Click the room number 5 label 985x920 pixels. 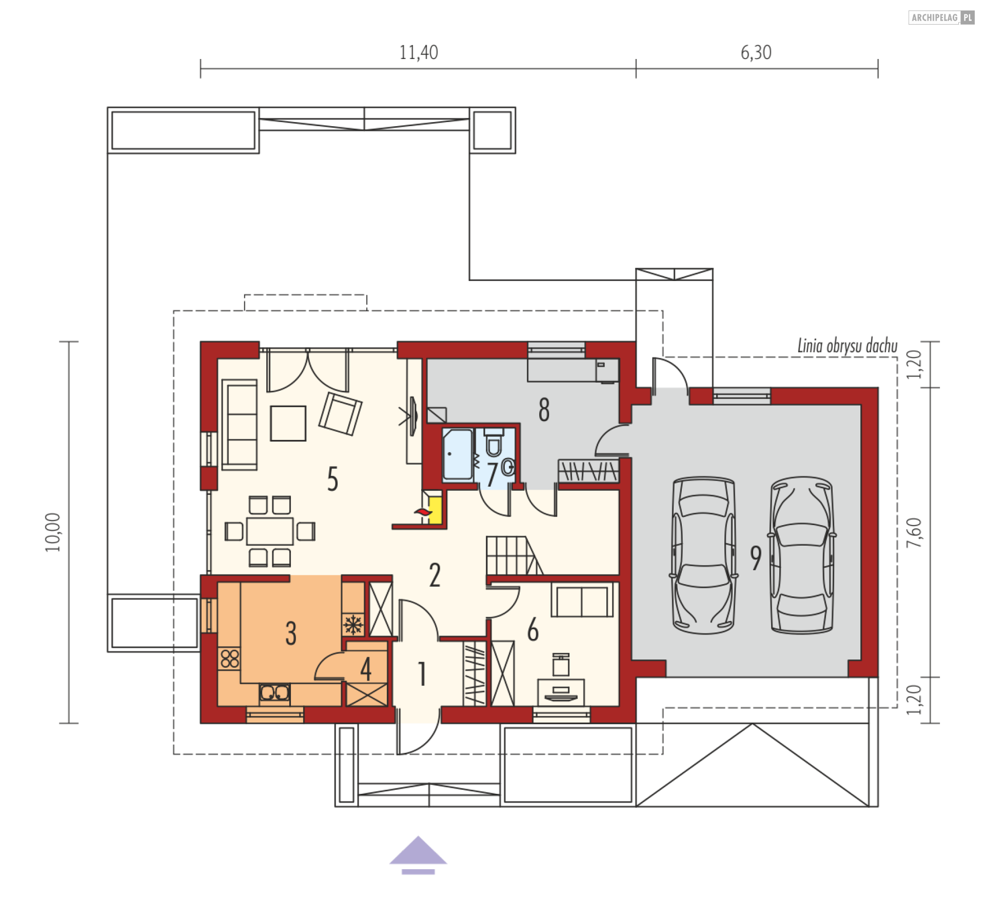(332, 479)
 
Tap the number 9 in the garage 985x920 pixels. (756, 558)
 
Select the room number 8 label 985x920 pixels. (544, 410)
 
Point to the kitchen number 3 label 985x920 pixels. (291, 633)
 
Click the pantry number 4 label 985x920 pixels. (366, 669)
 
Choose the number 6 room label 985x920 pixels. (533, 629)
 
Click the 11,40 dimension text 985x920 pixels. (419, 53)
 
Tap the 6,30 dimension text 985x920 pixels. (756, 53)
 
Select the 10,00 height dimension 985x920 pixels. (53, 532)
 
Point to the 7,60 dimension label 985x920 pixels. (914, 532)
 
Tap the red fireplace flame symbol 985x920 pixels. (422, 512)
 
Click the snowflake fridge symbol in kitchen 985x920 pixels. (352, 625)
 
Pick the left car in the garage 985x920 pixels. (703, 555)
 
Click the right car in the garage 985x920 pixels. (801, 555)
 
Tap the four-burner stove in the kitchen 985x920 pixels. (229, 659)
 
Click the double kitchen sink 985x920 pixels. (274, 693)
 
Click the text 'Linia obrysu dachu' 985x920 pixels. (848, 346)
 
